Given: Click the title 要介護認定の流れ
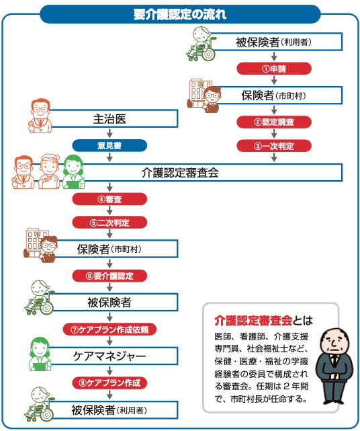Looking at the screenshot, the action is [x=180, y=14].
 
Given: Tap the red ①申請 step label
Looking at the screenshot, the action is [x=274, y=69].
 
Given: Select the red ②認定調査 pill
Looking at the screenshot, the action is [x=274, y=122].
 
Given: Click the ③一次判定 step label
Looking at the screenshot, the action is [x=274, y=146].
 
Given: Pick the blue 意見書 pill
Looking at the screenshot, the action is [x=109, y=145].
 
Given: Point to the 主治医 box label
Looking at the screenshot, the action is [x=109, y=119].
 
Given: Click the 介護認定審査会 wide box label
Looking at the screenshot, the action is [x=180, y=173].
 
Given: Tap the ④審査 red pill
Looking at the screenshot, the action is [x=109, y=199].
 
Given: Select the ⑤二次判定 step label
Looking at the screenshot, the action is [x=109, y=223].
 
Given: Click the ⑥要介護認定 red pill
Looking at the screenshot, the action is [x=109, y=276].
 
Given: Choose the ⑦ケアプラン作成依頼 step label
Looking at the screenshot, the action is [x=109, y=329].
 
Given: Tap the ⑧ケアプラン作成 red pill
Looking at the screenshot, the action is [x=109, y=383].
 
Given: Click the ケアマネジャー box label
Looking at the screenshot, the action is [x=109, y=356].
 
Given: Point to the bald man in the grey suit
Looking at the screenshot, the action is [x=334, y=366].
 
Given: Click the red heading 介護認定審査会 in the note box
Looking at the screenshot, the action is [x=253, y=321].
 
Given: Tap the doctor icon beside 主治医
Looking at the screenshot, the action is [x=40, y=116].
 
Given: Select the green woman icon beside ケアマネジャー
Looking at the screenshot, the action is [x=40, y=354].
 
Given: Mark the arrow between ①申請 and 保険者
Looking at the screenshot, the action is [x=274, y=80].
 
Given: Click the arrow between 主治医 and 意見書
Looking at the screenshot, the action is [x=109, y=134].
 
